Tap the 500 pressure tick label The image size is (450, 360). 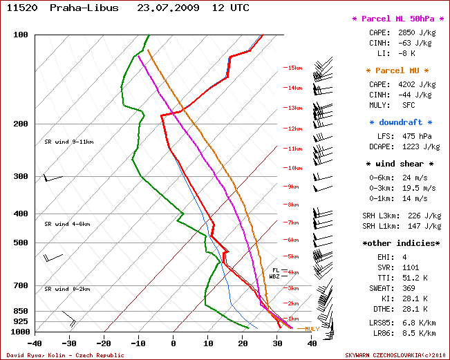point(19,243)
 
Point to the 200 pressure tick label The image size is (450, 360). point(19,124)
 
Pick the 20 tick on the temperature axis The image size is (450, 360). point(243,343)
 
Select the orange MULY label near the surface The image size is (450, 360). point(312,329)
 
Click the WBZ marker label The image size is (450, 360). point(274,276)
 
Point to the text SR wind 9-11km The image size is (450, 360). point(68,142)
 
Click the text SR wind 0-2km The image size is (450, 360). point(67,289)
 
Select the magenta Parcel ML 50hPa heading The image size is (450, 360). point(397,19)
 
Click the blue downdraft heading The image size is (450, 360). point(400,122)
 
